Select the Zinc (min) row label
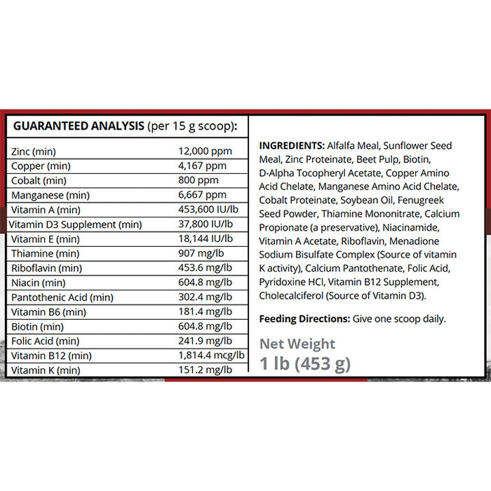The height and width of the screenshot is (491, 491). pos(34,152)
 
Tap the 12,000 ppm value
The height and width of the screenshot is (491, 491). pos(203,152)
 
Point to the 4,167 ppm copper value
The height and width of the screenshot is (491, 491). pos(203,166)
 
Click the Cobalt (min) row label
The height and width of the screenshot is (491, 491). pos(37,181)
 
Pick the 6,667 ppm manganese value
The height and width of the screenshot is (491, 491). pos(203,195)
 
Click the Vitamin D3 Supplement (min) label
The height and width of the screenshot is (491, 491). pos(75,224)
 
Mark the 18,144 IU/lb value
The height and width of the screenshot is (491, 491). pos(207,239)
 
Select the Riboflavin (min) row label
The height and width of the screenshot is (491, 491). pos(46,268)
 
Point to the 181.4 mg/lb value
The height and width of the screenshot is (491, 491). pos(206,311)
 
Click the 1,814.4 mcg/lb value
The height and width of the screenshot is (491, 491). pos(211,356)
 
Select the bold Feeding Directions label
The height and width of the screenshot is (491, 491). pos(304,318)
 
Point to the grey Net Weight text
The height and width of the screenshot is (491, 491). pos(297,344)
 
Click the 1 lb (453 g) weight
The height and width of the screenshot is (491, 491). pos(305,363)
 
